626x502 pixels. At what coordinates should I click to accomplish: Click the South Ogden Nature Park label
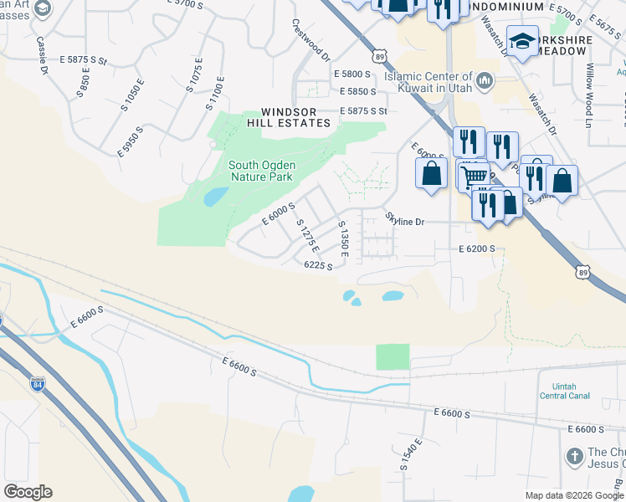(x=261, y=171)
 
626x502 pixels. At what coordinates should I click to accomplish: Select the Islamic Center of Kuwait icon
(x=485, y=82)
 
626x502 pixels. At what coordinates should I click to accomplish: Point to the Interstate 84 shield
(x=37, y=384)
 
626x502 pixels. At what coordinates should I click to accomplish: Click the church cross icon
(x=574, y=457)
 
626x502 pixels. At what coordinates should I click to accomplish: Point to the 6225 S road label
(x=319, y=266)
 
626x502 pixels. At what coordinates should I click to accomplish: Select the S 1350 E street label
(x=342, y=238)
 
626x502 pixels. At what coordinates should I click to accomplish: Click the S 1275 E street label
(x=308, y=236)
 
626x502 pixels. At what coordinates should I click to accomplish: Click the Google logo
(x=28, y=492)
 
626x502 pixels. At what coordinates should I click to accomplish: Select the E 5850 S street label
(x=356, y=91)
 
